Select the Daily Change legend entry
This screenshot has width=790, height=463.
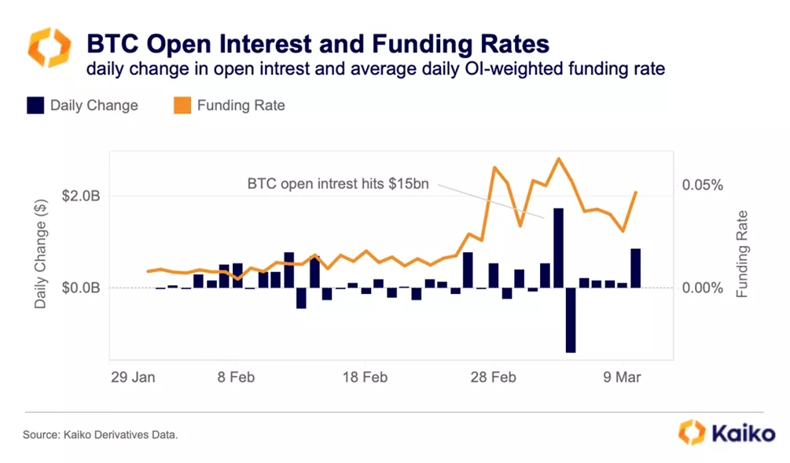[x=83, y=105]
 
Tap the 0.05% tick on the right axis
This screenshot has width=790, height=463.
[x=701, y=185]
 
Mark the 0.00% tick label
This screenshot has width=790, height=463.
[x=701, y=288]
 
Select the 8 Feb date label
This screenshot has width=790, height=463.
[x=236, y=377]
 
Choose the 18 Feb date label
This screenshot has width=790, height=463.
[x=365, y=377]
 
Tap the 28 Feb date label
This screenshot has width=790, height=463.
[x=494, y=377]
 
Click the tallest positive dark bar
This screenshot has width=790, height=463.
[x=558, y=248]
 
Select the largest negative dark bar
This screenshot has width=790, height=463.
[x=571, y=320]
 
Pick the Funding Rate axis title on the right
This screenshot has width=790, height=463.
[x=741, y=254]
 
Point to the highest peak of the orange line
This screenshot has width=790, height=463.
[x=558, y=159]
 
